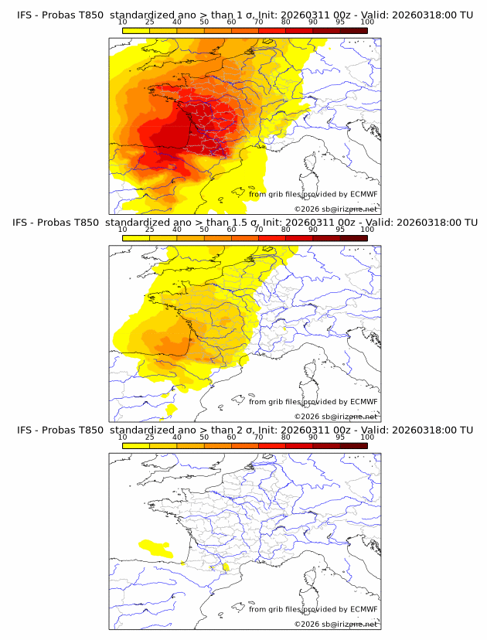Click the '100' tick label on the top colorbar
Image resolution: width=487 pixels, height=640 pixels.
367,22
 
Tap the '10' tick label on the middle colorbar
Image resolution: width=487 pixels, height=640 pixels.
122,230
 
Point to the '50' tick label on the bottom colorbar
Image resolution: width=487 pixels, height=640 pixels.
204,437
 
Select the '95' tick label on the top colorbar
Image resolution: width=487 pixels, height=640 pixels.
340,22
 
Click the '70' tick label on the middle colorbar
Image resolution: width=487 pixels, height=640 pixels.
258,230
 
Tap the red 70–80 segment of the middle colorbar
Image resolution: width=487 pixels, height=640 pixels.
272,237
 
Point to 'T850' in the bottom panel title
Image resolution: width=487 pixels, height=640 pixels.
90,430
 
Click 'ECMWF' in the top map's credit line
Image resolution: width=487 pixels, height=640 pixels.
363,194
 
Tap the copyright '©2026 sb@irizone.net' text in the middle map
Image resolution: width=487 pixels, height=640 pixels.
336,417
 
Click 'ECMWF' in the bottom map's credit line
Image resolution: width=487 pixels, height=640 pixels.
363,609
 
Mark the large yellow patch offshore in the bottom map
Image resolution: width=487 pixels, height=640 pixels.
154,548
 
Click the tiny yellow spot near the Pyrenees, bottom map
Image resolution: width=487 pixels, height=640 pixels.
226,567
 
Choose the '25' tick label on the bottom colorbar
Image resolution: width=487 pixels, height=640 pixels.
149,437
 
